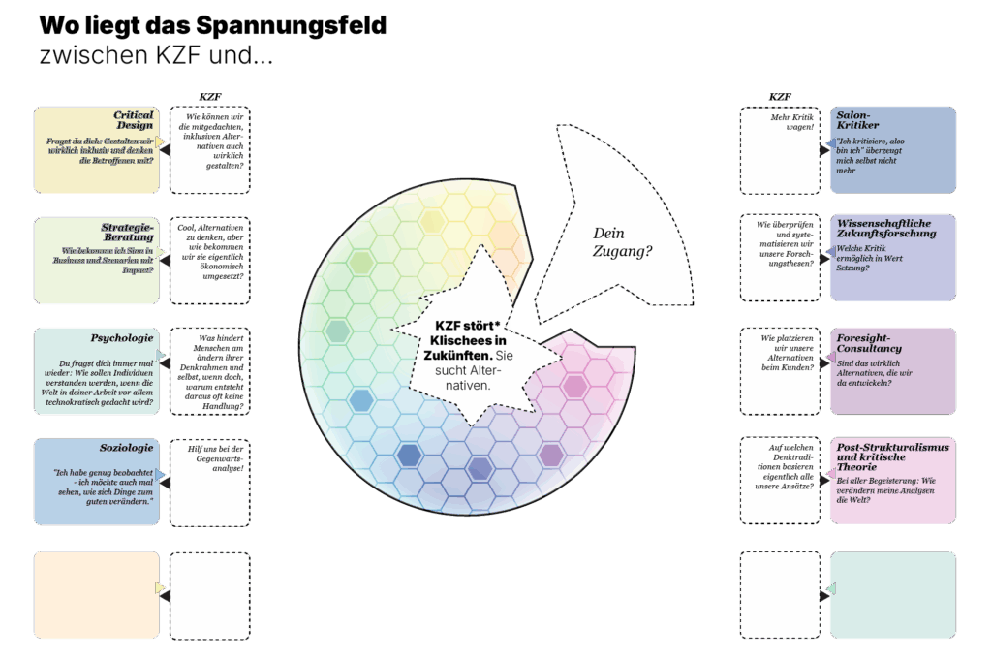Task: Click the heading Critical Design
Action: click(x=133, y=120)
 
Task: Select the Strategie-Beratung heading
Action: click(x=127, y=232)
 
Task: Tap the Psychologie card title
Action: click(x=121, y=338)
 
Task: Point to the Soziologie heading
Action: click(x=126, y=448)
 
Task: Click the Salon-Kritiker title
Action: click(x=858, y=120)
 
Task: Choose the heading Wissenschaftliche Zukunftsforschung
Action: click(x=886, y=228)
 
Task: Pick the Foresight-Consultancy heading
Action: click(x=869, y=343)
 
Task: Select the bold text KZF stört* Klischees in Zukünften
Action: click(x=469, y=340)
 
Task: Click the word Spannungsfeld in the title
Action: click(x=290, y=26)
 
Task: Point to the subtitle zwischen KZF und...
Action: click(x=155, y=55)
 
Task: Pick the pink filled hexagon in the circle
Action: click(x=574, y=387)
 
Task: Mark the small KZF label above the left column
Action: click(x=210, y=97)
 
